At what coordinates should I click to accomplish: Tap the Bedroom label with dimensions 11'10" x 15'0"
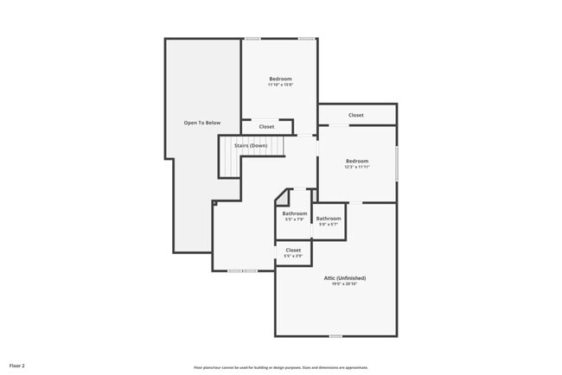pos(280,79)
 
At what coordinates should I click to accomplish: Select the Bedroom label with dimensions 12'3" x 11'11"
pos(357,161)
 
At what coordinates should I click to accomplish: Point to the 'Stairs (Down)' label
pos(251,145)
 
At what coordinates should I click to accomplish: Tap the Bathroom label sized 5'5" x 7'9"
pos(294,213)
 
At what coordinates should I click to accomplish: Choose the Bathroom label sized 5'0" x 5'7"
pos(329,218)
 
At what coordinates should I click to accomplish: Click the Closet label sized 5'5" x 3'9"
pos(293,250)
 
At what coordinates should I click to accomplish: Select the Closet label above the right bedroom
pos(356,115)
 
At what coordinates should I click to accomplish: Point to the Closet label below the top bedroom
pos(266,127)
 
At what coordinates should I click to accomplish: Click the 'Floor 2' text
pos(17,366)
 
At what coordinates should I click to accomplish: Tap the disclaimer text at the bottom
pos(280,367)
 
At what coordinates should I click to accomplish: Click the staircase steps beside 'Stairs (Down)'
pos(228,157)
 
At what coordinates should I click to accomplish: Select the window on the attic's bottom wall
pos(335,336)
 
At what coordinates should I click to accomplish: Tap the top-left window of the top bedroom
pos(253,38)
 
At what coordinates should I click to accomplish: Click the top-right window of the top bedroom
pos(305,38)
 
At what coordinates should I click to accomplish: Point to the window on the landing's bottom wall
pos(242,271)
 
